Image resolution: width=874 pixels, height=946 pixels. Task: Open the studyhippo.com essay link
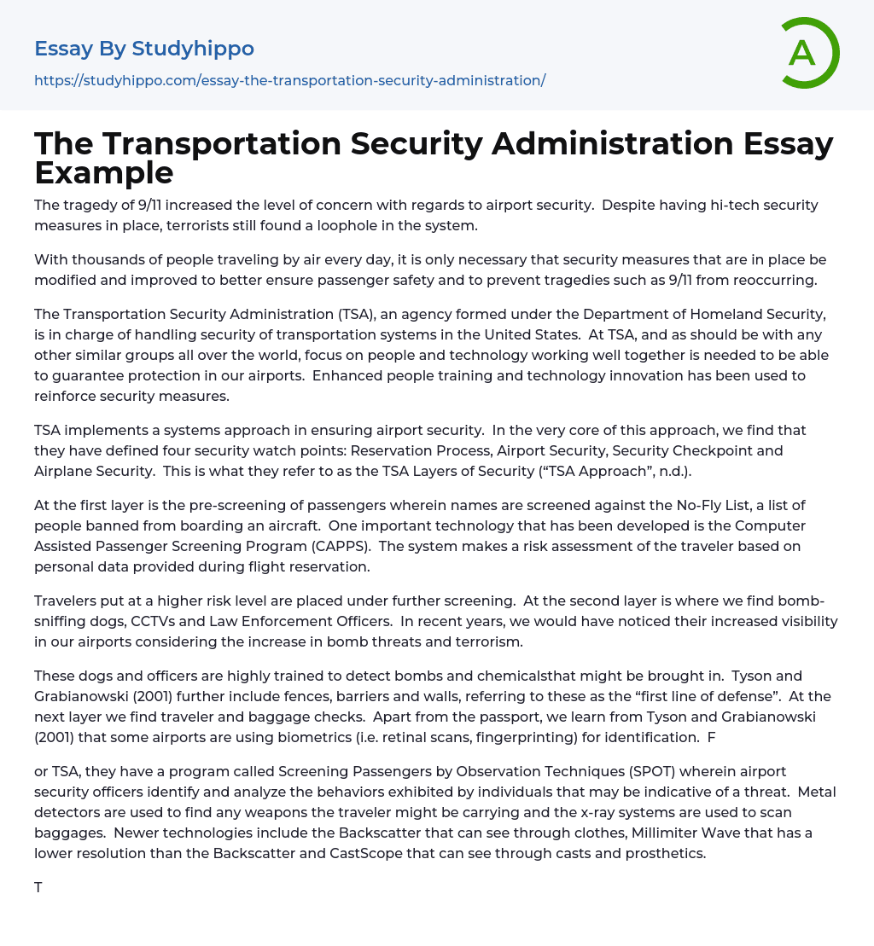tap(289, 80)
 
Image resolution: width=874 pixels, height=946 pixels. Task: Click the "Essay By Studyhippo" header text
tap(143, 49)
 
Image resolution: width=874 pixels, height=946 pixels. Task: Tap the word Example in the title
tap(103, 172)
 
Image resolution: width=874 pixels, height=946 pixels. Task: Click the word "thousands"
tap(109, 260)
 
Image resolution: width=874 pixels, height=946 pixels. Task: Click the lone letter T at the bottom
tap(38, 888)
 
